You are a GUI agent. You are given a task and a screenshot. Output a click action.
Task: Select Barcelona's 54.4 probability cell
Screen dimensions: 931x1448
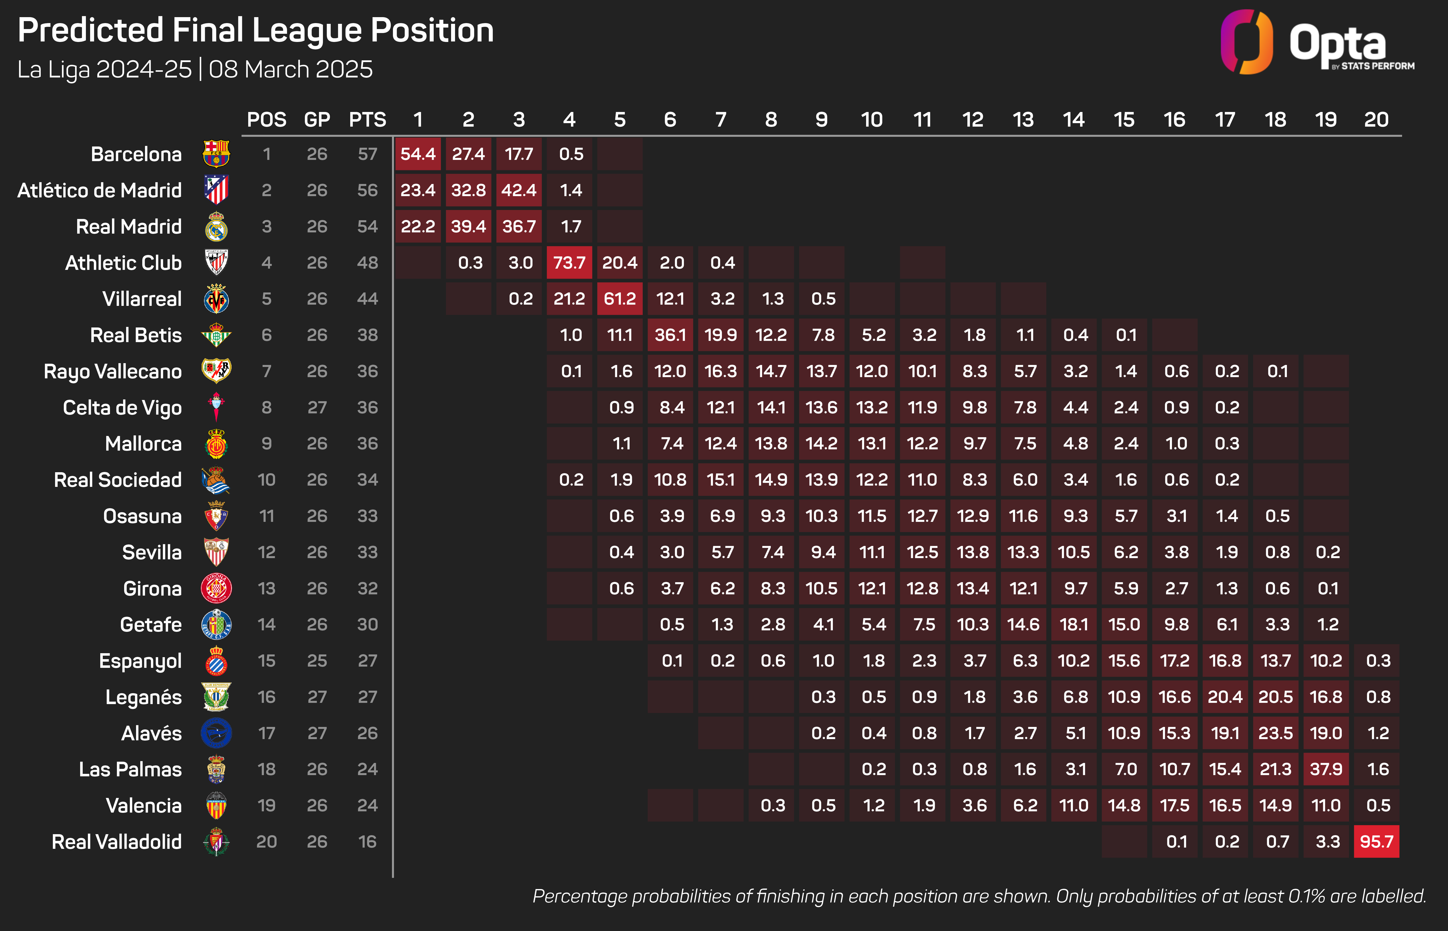[x=418, y=154]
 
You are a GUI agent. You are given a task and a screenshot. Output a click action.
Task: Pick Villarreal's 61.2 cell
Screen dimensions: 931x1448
[x=619, y=299]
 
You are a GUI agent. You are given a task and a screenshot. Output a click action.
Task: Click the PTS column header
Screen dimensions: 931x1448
[x=367, y=120]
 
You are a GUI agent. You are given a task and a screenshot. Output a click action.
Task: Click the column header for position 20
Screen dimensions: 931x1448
[x=1376, y=120]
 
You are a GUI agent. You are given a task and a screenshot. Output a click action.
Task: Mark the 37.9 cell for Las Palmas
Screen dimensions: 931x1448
[x=1326, y=769]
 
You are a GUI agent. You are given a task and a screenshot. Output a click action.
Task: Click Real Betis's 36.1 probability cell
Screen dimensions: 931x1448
[x=670, y=335]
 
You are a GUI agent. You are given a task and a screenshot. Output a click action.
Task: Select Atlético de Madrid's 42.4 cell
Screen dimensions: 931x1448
[x=519, y=190]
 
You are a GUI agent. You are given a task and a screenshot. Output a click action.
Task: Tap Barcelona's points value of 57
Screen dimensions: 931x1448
[x=367, y=154]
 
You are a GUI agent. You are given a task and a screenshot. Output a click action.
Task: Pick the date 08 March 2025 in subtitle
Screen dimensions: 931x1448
[x=291, y=70]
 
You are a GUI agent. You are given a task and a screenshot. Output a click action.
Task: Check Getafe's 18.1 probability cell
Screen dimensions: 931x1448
[x=1073, y=624]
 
